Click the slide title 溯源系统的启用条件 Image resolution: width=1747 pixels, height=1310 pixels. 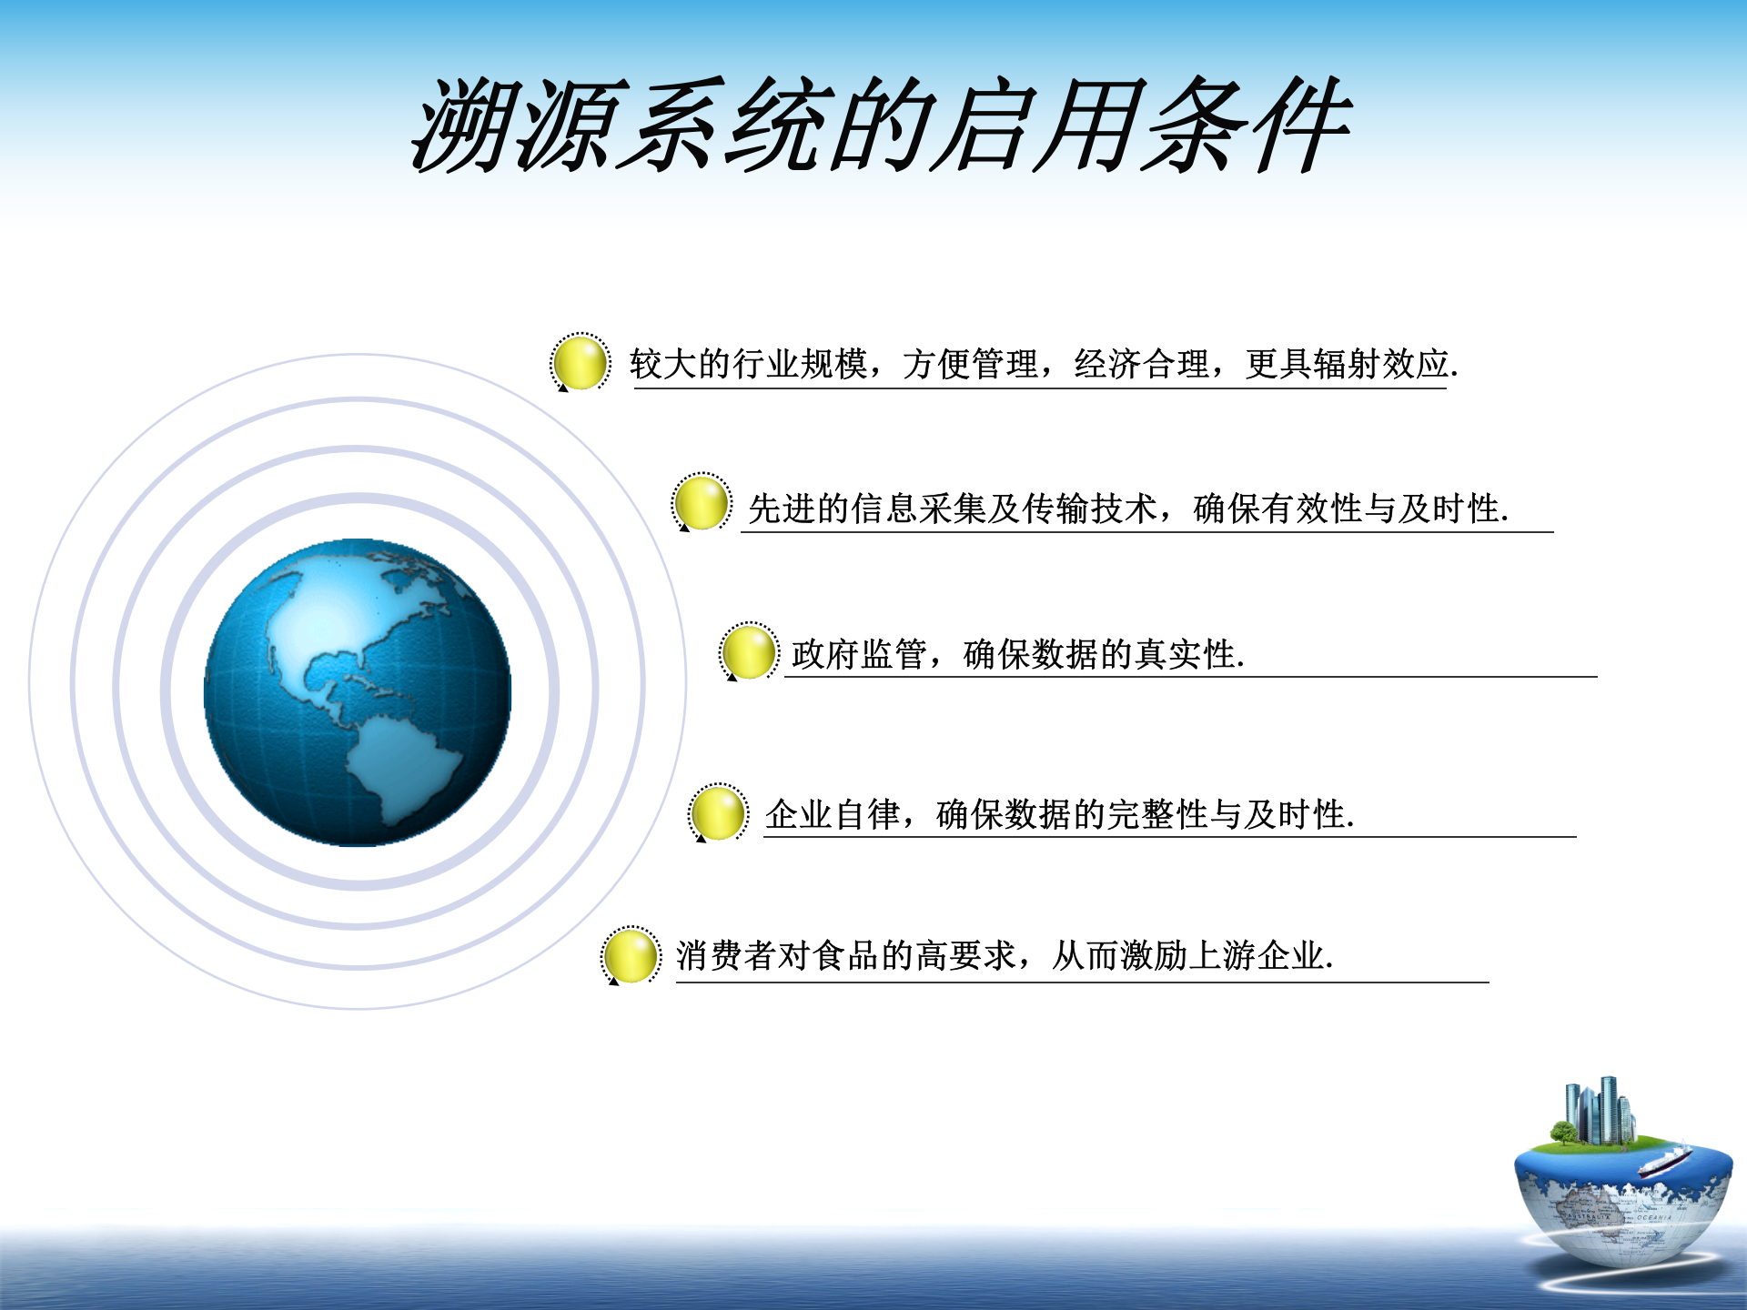pyautogui.click(x=881, y=126)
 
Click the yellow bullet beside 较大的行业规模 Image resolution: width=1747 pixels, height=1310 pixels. pyautogui.click(x=581, y=362)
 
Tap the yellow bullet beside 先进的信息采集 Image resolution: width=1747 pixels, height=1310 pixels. pyautogui.click(x=702, y=502)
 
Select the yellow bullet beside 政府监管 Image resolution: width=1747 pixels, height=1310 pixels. pyautogui.click(x=749, y=651)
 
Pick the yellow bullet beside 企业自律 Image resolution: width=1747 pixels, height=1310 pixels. pyautogui.click(x=718, y=812)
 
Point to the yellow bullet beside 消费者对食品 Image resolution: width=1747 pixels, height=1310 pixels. pyautogui.click(x=631, y=955)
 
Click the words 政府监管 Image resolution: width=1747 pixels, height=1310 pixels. pyautogui.click(x=859, y=654)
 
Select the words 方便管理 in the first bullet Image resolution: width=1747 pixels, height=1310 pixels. pyautogui.click(x=970, y=364)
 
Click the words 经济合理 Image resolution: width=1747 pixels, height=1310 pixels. pyautogui.click(x=1142, y=364)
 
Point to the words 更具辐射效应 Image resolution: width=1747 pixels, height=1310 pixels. pyautogui.click(x=1347, y=364)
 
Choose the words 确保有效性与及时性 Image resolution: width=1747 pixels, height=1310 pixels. pyautogui.click(x=1347, y=509)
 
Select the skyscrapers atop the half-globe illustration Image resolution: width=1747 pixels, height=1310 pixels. pyautogui.click(x=1600, y=1109)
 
